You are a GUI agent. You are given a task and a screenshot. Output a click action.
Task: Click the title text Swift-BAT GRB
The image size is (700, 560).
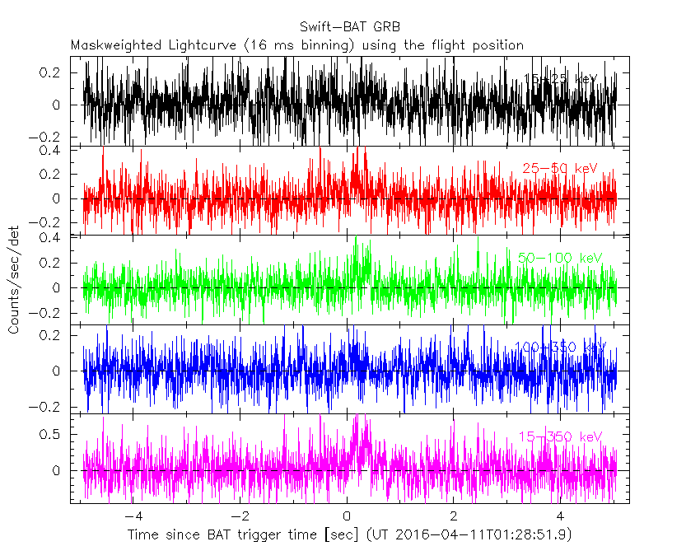click(350, 26)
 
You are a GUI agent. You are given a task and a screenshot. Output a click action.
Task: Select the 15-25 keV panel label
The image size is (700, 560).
click(560, 79)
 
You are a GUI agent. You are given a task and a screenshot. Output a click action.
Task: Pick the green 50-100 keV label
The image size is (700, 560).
click(560, 258)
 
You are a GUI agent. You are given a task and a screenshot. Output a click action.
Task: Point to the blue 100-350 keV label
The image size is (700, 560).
click(560, 347)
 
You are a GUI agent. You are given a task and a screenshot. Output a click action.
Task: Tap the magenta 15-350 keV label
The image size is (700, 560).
click(560, 436)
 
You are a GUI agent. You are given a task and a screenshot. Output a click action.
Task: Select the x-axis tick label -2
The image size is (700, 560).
click(238, 516)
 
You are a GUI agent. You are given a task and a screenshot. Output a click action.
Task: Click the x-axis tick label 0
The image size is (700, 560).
click(347, 516)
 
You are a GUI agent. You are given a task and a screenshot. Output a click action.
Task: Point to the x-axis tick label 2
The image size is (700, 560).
click(453, 516)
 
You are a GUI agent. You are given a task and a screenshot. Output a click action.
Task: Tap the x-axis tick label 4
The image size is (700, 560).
click(560, 516)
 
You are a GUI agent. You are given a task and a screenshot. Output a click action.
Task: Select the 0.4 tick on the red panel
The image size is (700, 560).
click(56, 151)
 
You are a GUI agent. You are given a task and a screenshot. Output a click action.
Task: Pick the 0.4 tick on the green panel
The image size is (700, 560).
click(56, 238)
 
